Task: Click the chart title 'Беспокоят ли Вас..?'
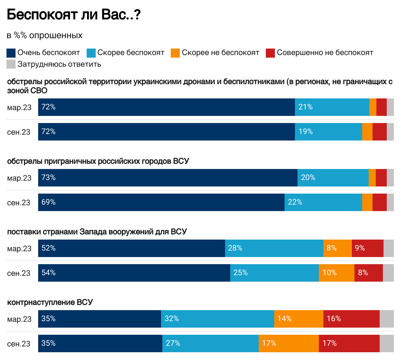pos(73,15)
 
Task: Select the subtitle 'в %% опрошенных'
pos(45,35)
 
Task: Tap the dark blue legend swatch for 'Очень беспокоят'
pos(11,53)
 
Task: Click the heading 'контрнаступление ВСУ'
pos(50,302)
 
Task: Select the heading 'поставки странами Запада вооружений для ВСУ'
pos(97,232)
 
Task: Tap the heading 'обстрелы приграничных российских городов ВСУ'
pos(98,161)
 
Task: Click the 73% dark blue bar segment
pos(168,178)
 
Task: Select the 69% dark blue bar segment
pos(161,202)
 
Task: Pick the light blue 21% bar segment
pos(332,107)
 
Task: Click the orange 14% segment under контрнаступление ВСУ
pos(298,319)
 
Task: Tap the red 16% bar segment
pos(351,319)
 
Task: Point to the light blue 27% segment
pos(210,343)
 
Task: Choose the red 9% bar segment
pos(367,248)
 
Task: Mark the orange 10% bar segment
pos(336,273)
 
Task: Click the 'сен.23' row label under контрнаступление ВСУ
pos(19,344)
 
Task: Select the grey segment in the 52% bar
pos(388,248)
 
